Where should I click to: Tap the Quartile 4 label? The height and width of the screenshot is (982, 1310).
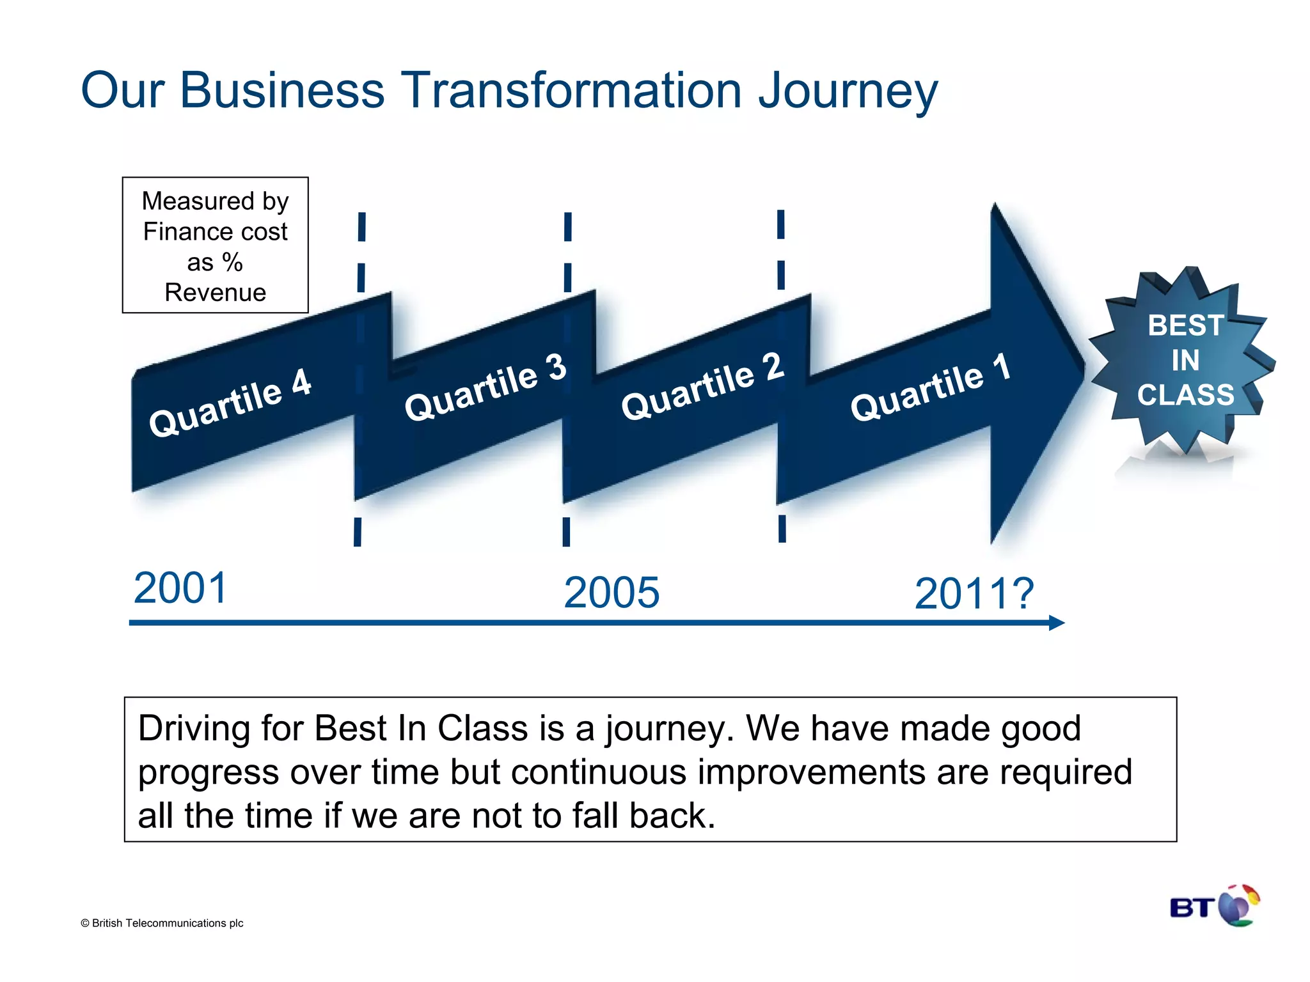point(230,403)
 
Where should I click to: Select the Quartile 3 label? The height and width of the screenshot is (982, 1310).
point(485,387)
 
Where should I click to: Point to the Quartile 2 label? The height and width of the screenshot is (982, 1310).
point(702,386)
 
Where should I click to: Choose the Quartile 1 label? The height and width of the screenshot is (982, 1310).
point(931,387)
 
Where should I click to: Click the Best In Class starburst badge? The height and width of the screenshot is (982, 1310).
point(1183,361)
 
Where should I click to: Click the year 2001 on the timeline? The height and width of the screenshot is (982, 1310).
point(180,588)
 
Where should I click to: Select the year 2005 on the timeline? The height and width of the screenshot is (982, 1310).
point(611,593)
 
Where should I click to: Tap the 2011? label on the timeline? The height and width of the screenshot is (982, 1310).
point(974,594)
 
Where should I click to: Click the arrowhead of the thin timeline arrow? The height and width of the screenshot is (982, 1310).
point(1056,623)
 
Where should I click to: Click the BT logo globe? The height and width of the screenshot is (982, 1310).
point(1238,906)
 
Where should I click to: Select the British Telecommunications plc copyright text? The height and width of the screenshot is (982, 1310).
point(162,923)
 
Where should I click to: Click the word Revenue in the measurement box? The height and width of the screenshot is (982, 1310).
point(215,293)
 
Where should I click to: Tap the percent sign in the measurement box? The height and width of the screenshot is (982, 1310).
point(232,262)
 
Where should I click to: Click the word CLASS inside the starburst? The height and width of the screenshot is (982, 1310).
point(1185,395)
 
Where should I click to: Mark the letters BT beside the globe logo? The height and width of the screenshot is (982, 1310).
point(1192,908)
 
